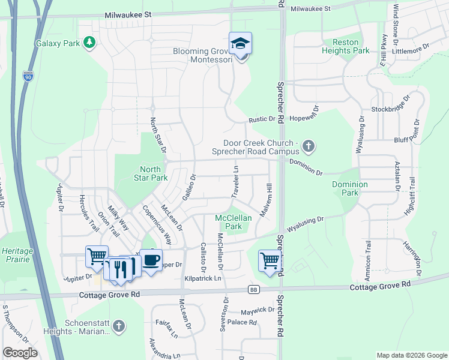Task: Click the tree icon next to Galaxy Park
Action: coord(89,42)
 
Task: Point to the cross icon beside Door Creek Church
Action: coord(308,145)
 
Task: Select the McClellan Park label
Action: coord(233,222)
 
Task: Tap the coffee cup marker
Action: coord(151,260)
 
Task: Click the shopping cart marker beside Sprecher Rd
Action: coord(270,260)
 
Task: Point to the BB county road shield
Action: coord(253,290)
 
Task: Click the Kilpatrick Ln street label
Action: coord(203,278)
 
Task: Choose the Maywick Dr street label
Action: coord(258,310)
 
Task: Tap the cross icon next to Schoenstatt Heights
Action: coord(119,326)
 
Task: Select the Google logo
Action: coord(20,353)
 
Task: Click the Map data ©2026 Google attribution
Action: coord(411,355)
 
